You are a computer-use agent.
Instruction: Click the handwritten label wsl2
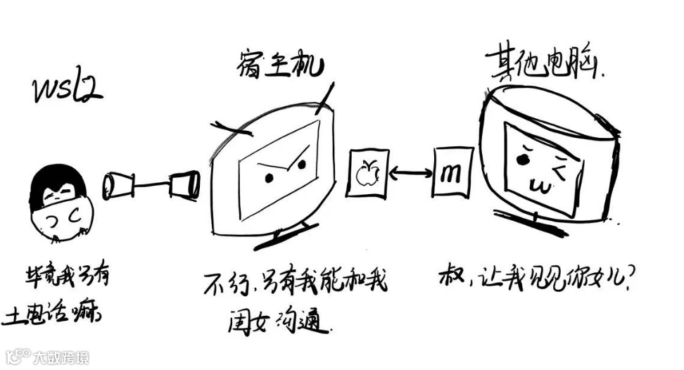click(x=68, y=91)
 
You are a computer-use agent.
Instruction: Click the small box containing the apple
click(x=367, y=172)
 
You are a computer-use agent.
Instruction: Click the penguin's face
click(x=59, y=210)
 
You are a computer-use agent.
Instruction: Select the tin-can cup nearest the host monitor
click(x=184, y=185)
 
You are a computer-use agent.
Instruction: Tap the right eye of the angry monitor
click(x=302, y=165)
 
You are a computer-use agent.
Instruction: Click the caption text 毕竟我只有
click(x=64, y=280)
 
